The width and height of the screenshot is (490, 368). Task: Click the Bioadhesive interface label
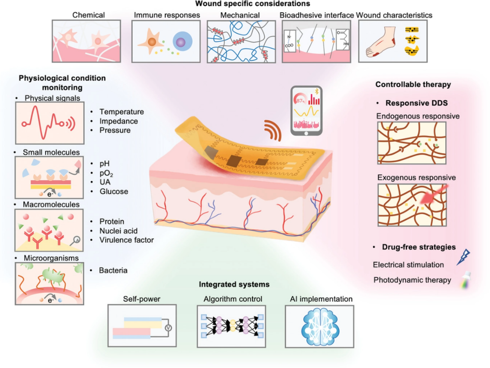click(x=317, y=15)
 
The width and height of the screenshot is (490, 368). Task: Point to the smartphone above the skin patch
click(x=306, y=111)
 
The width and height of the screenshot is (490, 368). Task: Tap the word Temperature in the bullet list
click(x=121, y=112)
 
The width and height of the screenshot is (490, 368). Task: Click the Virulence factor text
click(x=127, y=240)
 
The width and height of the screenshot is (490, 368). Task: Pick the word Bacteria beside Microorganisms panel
click(x=113, y=270)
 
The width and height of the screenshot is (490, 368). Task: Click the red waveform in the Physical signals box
click(x=44, y=123)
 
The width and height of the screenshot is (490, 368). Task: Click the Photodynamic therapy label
click(x=412, y=280)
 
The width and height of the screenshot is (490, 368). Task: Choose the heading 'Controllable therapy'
click(x=413, y=84)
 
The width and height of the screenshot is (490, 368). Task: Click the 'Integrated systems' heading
click(x=234, y=284)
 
